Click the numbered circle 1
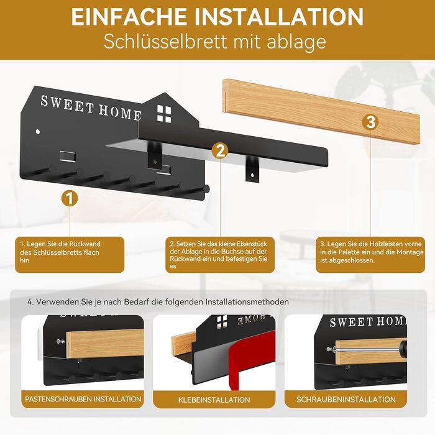point(70,198)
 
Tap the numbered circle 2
point(220,151)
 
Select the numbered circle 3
point(370,122)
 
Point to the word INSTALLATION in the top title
point(279,17)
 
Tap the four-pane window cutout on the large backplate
point(164,114)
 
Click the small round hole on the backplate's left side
point(38,132)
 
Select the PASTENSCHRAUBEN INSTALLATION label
point(83,399)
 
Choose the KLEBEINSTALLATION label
point(214,400)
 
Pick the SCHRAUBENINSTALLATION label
point(346,400)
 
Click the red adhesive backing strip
point(250,360)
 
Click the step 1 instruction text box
point(70,255)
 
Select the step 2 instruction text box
point(220,255)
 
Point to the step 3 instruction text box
point(370,255)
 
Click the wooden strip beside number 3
point(321,111)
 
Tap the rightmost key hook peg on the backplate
point(206,189)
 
